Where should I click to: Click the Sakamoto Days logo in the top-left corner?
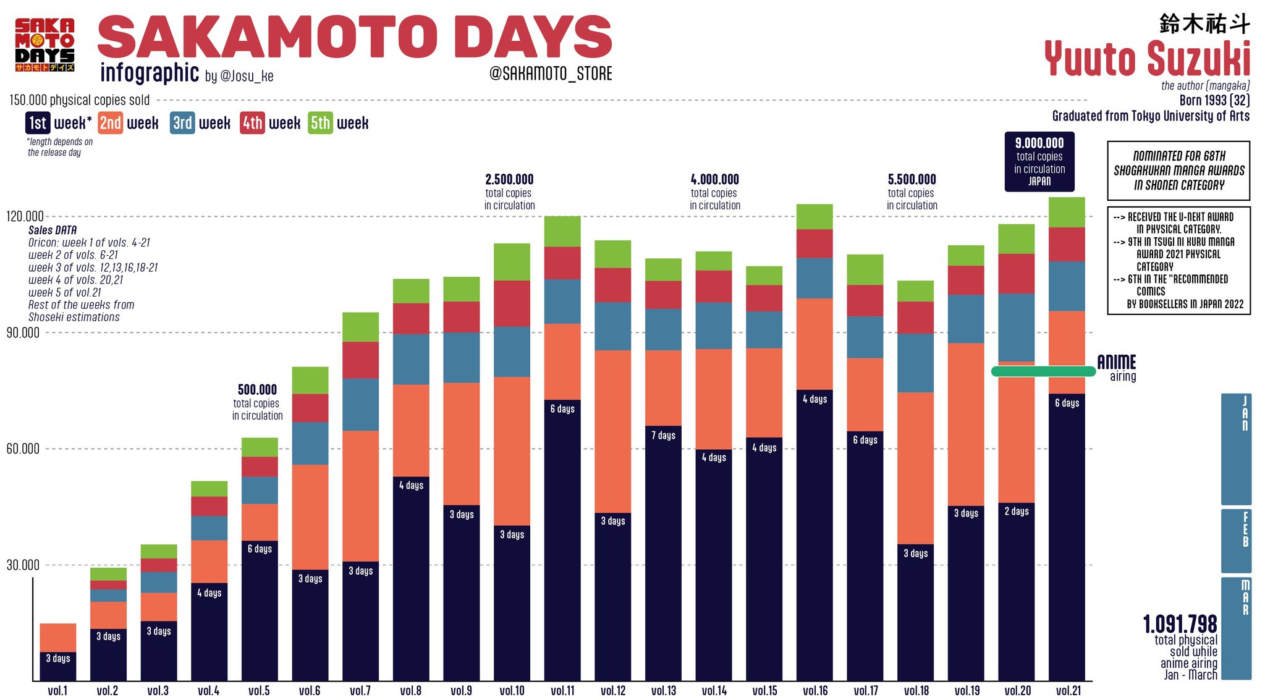(x=45, y=44)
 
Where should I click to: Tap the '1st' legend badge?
(x=38, y=123)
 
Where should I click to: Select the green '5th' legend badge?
(x=320, y=123)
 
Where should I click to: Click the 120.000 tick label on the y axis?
(x=25, y=216)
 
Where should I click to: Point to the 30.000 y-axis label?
(x=23, y=565)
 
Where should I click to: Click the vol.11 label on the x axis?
(x=562, y=691)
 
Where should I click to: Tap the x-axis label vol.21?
(x=1067, y=691)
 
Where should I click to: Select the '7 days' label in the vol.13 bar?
(x=663, y=436)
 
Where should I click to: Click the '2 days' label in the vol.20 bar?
(x=1017, y=512)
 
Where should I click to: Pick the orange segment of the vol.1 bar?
(x=57, y=637)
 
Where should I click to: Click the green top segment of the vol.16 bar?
(x=814, y=216)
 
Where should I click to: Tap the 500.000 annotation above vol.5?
(x=257, y=390)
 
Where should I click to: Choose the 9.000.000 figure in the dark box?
(x=1039, y=143)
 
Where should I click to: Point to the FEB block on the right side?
(x=1237, y=541)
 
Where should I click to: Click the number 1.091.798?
(x=1180, y=624)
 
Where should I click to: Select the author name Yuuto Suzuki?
(x=1147, y=59)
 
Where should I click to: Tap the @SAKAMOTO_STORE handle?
(x=551, y=74)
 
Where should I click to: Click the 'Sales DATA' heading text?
(x=53, y=230)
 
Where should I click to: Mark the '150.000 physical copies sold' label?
(x=80, y=100)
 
